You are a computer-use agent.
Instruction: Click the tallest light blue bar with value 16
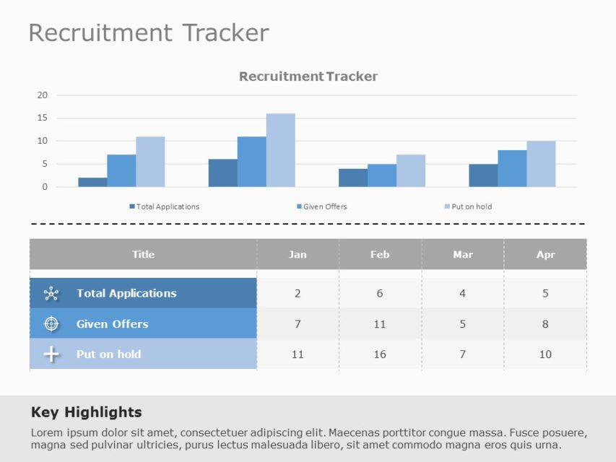point(280,150)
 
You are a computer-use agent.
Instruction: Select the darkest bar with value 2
point(92,182)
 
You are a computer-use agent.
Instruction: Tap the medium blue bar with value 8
point(512,168)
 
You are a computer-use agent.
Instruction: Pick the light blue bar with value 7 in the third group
point(411,170)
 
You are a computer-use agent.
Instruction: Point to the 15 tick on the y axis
point(43,118)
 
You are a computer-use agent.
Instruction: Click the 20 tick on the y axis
point(43,95)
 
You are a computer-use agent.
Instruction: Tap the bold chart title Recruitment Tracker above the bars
point(308,77)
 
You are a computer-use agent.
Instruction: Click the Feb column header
point(380,254)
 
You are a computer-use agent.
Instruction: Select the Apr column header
point(545,254)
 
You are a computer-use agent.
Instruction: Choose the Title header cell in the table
point(143,254)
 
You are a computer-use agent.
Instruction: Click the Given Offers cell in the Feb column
point(380,324)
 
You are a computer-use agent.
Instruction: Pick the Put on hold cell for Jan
point(298,354)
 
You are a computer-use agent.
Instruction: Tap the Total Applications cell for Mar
point(463,293)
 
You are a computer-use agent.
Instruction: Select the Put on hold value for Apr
point(545,354)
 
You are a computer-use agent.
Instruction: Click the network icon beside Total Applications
point(51,293)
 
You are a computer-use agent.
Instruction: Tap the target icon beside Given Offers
point(51,324)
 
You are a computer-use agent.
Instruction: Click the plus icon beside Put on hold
point(51,354)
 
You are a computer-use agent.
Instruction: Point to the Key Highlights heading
point(87,412)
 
